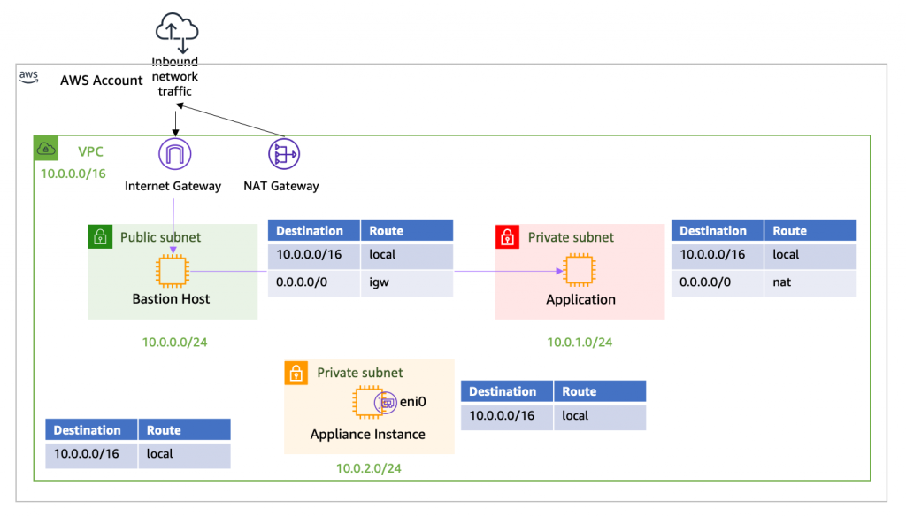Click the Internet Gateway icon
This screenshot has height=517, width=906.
[173, 155]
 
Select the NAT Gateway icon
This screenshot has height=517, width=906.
[283, 155]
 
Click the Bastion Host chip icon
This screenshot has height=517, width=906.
[172, 271]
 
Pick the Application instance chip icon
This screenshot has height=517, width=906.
[579, 271]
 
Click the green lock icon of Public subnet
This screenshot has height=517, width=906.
[100, 236]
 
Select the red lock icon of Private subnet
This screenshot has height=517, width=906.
[507, 236]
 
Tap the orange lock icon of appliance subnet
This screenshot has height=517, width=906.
[296, 373]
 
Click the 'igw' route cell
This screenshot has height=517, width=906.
[406, 283]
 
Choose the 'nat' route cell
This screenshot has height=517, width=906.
[810, 283]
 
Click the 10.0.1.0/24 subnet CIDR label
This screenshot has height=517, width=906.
[580, 343]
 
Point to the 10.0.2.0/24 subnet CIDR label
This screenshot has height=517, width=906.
[368, 468]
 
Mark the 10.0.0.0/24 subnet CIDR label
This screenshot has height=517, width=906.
[174, 343]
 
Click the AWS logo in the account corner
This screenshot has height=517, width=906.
[29, 77]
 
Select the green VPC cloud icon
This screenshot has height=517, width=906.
[46, 149]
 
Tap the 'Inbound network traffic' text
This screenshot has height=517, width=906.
[174, 77]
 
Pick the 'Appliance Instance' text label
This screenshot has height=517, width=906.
[367, 435]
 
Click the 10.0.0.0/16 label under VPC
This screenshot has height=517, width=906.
[73, 174]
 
